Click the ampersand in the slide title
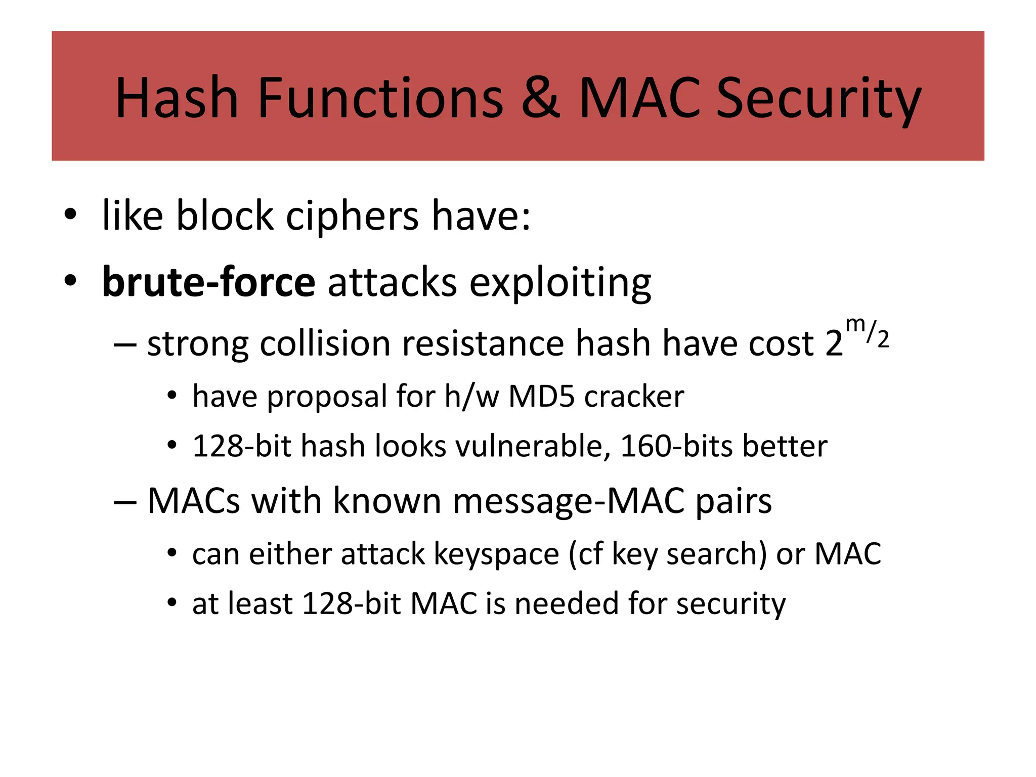[x=540, y=98]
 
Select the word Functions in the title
[x=380, y=98]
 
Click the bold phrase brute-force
[x=208, y=282]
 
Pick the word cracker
[x=634, y=397]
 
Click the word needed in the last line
[x=567, y=603]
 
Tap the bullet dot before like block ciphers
[x=70, y=215]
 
